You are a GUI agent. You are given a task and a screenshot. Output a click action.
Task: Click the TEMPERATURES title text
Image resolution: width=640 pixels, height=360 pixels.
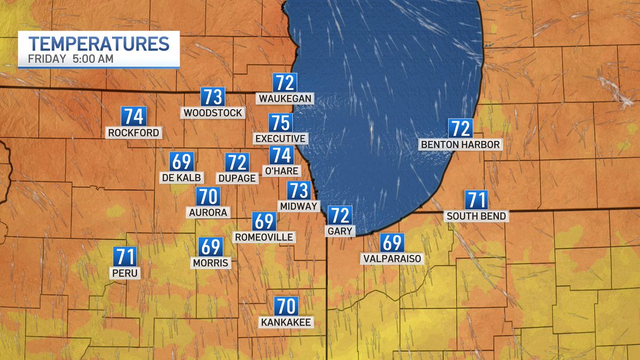point(99,43)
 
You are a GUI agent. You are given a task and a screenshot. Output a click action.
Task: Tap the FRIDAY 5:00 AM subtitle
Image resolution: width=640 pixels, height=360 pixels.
point(71,59)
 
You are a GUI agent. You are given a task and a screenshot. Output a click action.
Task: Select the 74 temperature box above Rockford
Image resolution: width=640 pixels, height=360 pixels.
point(133,116)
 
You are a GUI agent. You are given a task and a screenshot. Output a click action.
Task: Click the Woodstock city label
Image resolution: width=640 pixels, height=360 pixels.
point(213,113)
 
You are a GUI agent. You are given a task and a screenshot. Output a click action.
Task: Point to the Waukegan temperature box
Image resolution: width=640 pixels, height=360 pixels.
point(285,83)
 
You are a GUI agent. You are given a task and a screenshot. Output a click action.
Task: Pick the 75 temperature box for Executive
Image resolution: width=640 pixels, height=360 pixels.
point(281,123)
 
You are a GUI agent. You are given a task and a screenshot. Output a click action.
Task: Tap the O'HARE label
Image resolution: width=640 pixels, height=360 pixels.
point(281,170)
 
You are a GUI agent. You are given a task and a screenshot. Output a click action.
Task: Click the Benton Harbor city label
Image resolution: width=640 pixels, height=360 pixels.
point(461,144)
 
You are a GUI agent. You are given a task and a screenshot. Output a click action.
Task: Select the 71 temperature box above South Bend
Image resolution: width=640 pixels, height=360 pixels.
point(476,200)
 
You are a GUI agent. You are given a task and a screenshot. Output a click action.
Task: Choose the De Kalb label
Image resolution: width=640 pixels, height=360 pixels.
point(181,177)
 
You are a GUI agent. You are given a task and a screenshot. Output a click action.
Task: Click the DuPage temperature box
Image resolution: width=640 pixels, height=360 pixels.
point(237,162)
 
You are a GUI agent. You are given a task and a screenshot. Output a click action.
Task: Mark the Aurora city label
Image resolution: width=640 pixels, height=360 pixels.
point(209,212)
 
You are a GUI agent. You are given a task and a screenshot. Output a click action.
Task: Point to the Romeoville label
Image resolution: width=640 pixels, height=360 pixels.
point(264,237)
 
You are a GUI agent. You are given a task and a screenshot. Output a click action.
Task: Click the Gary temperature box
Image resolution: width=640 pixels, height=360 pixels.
point(340,215)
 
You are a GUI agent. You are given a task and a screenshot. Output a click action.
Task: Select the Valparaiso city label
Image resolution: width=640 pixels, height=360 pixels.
point(391,259)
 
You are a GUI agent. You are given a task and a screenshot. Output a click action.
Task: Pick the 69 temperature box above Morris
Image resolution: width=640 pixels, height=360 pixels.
point(211,247)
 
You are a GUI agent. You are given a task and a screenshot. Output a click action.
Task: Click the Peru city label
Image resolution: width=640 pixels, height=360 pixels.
point(126,273)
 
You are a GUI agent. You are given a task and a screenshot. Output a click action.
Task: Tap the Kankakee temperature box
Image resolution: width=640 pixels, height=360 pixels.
point(286,306)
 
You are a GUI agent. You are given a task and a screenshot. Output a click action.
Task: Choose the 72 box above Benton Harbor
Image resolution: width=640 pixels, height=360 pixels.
point(461,129)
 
